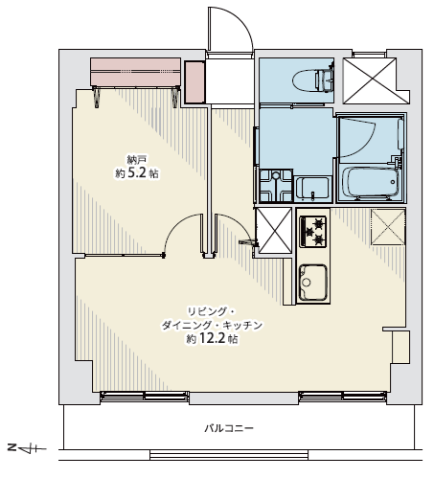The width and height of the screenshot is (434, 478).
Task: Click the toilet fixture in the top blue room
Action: click(x=313, y=79)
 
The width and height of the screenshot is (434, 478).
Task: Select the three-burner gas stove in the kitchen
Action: click(x=312, y=231)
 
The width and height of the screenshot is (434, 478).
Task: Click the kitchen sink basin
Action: click(x=312, y=283)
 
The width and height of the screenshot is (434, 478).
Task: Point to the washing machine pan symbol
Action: click(x=275, y=186)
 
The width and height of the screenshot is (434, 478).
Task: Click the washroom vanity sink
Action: click(x=312, y=189)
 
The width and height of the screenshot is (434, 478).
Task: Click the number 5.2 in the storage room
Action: click(x=137, y=173)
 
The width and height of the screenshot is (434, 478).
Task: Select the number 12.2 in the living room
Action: click(x=213, y=339)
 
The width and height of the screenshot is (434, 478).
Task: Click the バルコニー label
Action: click(x=229, y=428)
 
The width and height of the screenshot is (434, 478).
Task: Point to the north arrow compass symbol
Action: click(x=27, y=449)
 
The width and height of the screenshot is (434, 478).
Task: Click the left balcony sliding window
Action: click(x=145, y=396)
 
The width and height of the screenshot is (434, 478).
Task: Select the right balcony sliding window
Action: click(x=343, y=396)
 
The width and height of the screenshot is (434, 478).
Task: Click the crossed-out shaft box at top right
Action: click(x=370, y=80)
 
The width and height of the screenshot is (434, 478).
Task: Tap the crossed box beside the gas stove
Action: click(x=274, y=230)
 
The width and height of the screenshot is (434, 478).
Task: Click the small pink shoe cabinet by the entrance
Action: click(x=194, y=82)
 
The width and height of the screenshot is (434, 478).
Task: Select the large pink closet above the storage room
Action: click(x=136, y=72)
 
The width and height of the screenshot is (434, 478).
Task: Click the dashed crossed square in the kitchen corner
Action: click(x=388, y=227)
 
